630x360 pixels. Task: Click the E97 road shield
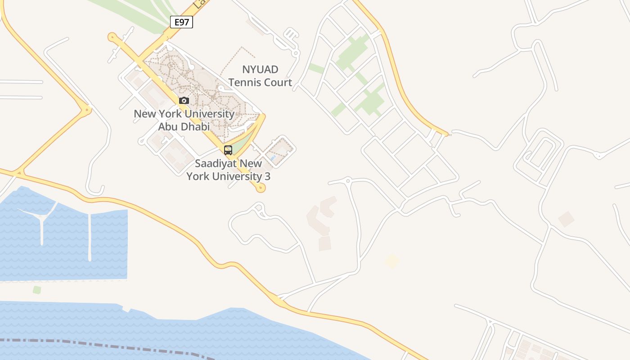181,22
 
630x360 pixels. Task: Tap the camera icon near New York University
184,100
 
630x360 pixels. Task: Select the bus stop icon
228,150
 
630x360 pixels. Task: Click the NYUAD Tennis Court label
260,76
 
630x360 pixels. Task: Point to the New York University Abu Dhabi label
184,120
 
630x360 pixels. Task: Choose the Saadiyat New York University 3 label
229,170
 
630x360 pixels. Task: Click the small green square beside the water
37,290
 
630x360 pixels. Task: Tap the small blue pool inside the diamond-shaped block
273,158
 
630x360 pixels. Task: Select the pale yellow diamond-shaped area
392,261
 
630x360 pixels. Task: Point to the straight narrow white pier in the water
90,236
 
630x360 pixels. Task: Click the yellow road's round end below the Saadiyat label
260,188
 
